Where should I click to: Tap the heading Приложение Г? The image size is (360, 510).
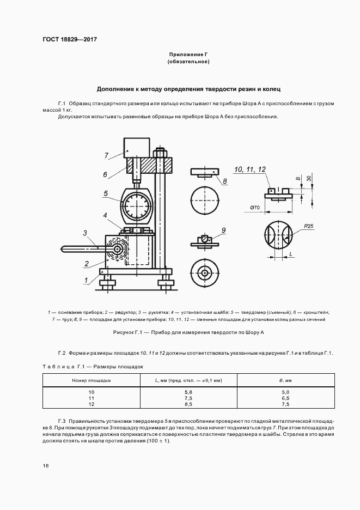189,55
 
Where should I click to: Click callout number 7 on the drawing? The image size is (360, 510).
107,156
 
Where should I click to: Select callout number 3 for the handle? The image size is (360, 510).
86,233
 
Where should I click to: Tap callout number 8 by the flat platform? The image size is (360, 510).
224,180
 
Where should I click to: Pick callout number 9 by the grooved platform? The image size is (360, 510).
223,230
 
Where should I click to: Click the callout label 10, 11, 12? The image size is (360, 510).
251,170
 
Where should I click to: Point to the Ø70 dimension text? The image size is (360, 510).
255,207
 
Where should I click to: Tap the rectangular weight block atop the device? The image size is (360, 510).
137,148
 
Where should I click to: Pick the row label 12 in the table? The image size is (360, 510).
91,404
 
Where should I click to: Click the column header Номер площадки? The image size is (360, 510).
91,380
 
